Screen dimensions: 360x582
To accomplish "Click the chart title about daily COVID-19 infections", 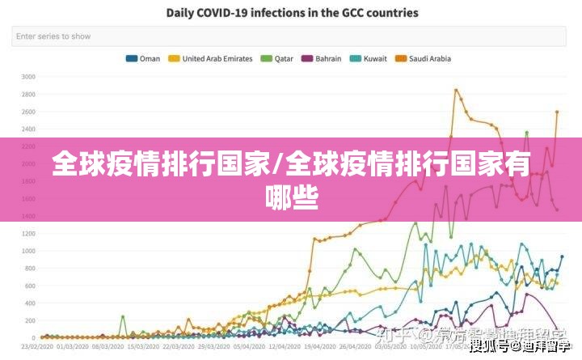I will click(293, 13).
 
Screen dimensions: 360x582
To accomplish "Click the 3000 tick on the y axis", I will click(28, 77).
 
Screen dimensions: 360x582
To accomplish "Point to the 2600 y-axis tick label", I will click(28, 112).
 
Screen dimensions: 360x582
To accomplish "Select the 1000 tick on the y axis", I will click(28, 251).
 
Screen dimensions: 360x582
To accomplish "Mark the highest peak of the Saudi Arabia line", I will click(456, 90).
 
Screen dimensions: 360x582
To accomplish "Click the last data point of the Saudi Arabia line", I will click(557, 112).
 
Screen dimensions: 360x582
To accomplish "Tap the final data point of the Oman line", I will click(562, 256).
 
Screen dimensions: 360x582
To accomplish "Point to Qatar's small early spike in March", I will click(123, 316).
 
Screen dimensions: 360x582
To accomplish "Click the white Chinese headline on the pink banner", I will click(291, 179).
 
